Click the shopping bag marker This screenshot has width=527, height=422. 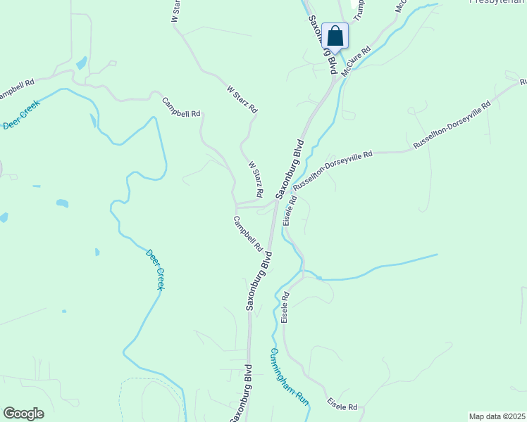[335, 36]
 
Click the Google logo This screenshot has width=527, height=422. [23, 414]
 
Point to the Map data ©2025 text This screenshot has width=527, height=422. [497, 416]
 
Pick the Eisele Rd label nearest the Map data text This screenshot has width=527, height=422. [343, 406]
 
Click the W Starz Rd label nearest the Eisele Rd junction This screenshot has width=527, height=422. [255, 179]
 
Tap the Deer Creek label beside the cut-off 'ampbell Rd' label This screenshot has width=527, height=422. [22, 115]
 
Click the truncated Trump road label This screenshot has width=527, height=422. [359, 9]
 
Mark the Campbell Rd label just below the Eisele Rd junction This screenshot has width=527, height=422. [247, 234]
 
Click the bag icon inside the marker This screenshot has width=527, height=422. [335, 35]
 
